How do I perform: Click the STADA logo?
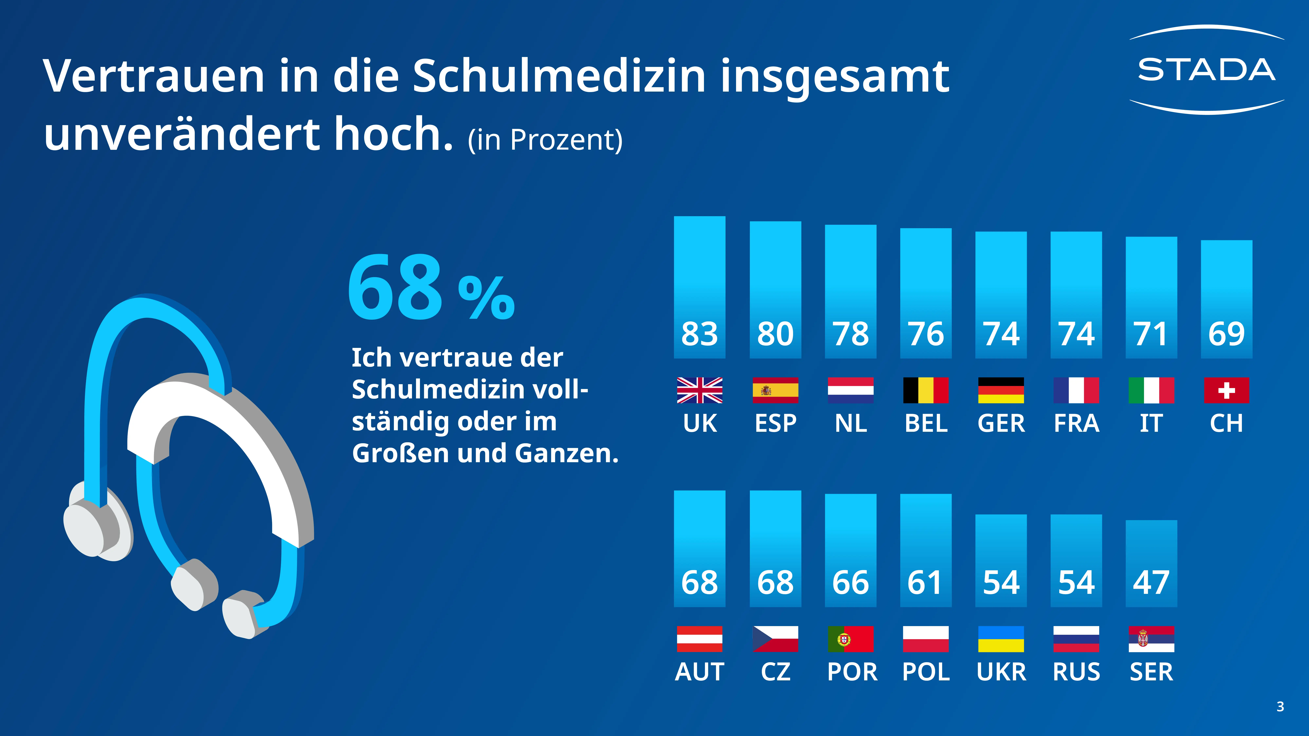(x=1206, y=70)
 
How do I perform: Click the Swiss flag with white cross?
(x=1226, y=390)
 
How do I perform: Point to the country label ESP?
(x=775, y=423)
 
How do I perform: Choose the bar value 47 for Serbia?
(x=1151, y=582)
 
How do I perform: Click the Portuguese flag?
(x=850, y=639)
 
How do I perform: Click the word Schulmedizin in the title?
(x=559, y=76)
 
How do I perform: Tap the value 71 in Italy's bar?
(x=1151, y=334)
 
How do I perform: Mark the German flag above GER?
(x=1001, y=390)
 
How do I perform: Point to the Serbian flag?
(x=1151, y=639)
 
